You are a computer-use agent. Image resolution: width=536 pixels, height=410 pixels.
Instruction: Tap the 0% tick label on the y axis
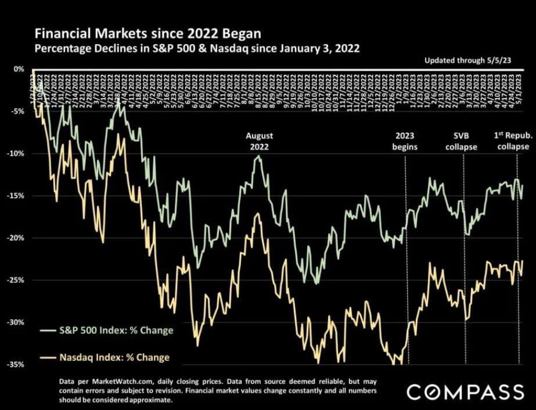coord(19,69)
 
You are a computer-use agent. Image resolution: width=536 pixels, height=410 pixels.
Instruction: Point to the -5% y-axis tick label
coord(17,111)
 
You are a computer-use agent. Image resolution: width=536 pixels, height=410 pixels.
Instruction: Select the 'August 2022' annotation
coord(259,141)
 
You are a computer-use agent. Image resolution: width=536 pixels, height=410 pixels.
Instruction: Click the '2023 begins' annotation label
coord(405,141)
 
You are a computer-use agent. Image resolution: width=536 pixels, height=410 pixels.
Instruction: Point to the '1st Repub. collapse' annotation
coord(513,141)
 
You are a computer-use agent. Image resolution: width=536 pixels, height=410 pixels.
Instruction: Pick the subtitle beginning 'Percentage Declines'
coord(197,49)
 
